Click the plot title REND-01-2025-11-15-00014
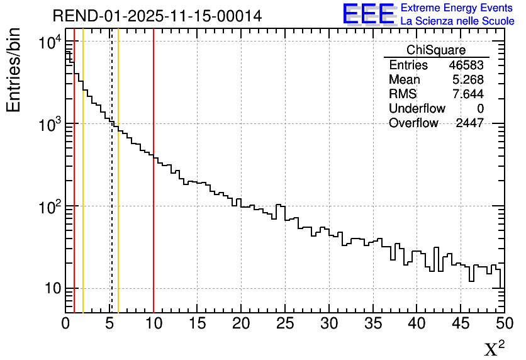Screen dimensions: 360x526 [x=157, y=16]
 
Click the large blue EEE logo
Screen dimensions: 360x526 [x=369, y=14]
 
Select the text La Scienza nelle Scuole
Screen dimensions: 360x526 [x=457, y=21]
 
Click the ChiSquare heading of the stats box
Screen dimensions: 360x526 [x=436, y=50]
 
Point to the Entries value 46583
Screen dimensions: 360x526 [x=466, y=65]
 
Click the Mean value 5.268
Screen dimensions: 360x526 [x=469, y=80]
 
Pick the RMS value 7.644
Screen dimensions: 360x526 [x=469, y=94]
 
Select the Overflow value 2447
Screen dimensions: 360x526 [x=469, y=123]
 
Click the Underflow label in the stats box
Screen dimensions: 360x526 [x=417, y=109]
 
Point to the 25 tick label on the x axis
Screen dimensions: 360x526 [x=285, y=323]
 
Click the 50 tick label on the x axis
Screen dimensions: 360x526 [x=504, y=323]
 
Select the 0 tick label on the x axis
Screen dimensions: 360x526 [x=65, y=323]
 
